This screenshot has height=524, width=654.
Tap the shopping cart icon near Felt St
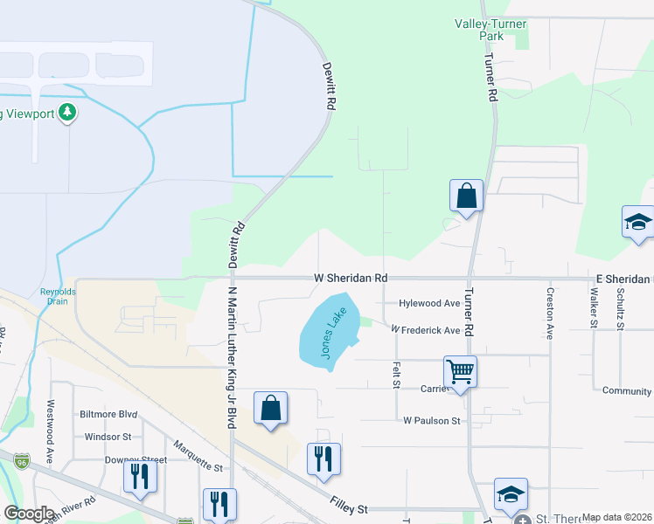pos(460,372)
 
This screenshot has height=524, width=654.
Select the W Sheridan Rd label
pos(351,278)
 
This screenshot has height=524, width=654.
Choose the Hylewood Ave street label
pos(429,303)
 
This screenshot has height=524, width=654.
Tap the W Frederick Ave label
pos(426,330)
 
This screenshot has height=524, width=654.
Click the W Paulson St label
pos(431,420)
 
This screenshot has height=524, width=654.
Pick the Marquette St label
pos(198,457)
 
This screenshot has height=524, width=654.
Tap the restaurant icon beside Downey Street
pos(139,477)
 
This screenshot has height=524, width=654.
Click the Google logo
pos(29,514)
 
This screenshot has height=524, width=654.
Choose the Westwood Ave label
pos(50,431)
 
